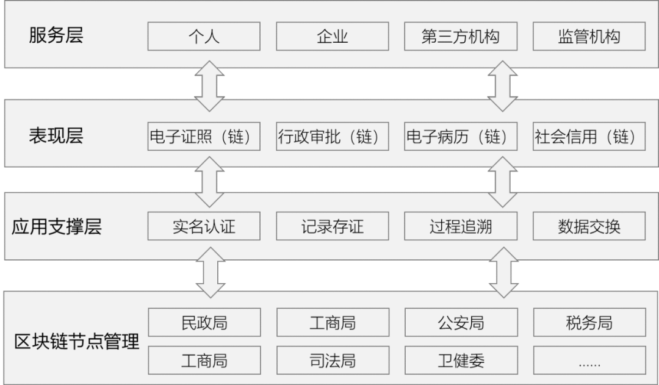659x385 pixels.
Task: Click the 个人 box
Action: (x=204, y=37)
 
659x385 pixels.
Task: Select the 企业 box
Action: (x=332, y=37)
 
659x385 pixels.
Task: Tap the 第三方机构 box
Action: (x=461, y=37)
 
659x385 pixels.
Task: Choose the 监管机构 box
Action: (x=589, y=37)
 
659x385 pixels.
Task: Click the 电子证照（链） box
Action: (x=204, y=137)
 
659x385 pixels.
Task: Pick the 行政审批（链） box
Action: (x=332, y=137)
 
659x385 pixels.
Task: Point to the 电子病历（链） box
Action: (x=461, y=137)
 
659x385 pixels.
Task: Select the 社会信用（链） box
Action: (x=589, y=137)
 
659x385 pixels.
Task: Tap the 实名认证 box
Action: (x=204, y=227)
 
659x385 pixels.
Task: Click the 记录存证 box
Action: (x=332, y=227)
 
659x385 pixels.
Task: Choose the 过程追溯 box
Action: (x=461, y=227)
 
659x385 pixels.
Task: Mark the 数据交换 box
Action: (x=589, y=227)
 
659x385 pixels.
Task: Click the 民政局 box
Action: (x=204, y=322)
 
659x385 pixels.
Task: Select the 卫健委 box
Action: (x=461, y=360)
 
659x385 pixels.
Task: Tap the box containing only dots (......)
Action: (x=589, y=360)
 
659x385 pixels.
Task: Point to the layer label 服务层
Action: (x=56, y=35)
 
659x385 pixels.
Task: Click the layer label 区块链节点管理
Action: (x=77, y=341)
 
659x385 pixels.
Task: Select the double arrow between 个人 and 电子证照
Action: (x=209, y=85)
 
